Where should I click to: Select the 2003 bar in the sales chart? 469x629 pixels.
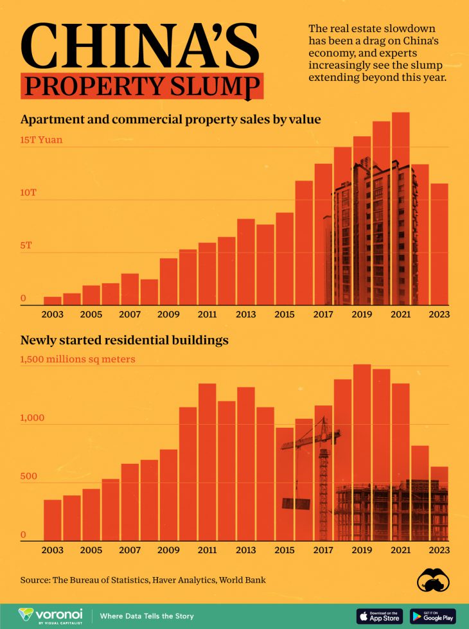click(53, 301)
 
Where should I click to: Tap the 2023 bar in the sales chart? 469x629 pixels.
click(439, 244)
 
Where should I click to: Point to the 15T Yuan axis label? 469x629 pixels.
click(41, 139)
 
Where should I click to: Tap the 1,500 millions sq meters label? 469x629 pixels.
click(78, 359)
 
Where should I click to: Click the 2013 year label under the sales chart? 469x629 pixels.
click(245, 314)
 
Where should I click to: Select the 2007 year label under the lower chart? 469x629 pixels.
click(130, 551)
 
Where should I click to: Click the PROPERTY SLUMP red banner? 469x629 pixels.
click(142, 85)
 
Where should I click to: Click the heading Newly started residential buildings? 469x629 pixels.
click(124, 341)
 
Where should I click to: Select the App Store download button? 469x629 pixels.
click(379, 616)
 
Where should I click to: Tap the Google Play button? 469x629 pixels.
click(432, 616)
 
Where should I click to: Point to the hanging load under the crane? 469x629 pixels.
click(296, 503)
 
